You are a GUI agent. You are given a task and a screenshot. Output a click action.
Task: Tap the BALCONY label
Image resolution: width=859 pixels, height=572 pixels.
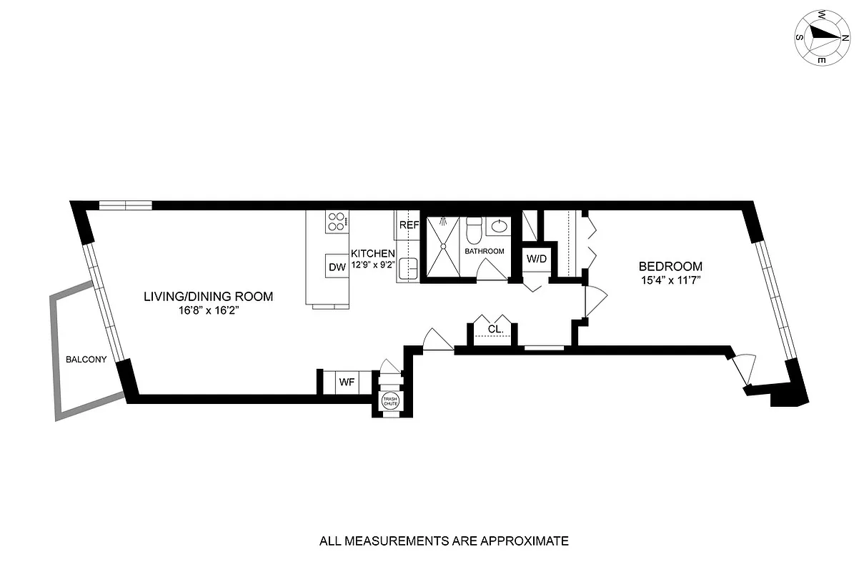point(86,360)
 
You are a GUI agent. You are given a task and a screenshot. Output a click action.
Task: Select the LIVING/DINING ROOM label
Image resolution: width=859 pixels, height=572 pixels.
point(208,296)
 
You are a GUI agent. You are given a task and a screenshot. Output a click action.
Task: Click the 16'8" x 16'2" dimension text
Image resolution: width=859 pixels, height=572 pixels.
point(208,311)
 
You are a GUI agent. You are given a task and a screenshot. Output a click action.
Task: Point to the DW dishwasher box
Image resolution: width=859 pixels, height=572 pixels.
point(337,267)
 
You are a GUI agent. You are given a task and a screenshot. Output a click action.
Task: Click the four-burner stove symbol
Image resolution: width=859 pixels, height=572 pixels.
point(336,221)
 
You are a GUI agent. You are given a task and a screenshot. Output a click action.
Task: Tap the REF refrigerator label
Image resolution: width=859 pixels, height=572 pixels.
point(408,225)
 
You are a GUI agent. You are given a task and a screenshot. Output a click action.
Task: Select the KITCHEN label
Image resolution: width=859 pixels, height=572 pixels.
point(372,254)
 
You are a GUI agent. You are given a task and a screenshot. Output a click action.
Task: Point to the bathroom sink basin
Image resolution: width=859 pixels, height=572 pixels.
point(499,227)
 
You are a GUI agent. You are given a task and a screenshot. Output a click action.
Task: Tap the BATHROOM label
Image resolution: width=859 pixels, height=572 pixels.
point(485,252)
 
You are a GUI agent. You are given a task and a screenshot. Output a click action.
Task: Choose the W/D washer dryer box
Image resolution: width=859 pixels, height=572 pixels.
point(536,258)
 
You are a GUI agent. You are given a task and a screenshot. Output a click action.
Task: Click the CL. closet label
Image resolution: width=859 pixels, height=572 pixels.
point(493,329)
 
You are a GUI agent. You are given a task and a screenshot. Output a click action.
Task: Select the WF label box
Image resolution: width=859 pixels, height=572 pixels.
point(347,382)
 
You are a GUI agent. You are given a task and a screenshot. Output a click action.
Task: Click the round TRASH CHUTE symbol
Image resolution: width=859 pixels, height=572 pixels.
point(390,401)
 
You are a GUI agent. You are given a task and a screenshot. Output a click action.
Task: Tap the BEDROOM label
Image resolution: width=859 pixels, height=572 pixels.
point(670,266)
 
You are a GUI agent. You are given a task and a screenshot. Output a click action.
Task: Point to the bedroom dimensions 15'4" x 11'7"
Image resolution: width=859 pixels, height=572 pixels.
point(670,280)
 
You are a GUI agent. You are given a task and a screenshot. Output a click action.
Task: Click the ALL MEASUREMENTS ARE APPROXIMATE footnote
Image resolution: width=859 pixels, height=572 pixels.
point(444,541)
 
